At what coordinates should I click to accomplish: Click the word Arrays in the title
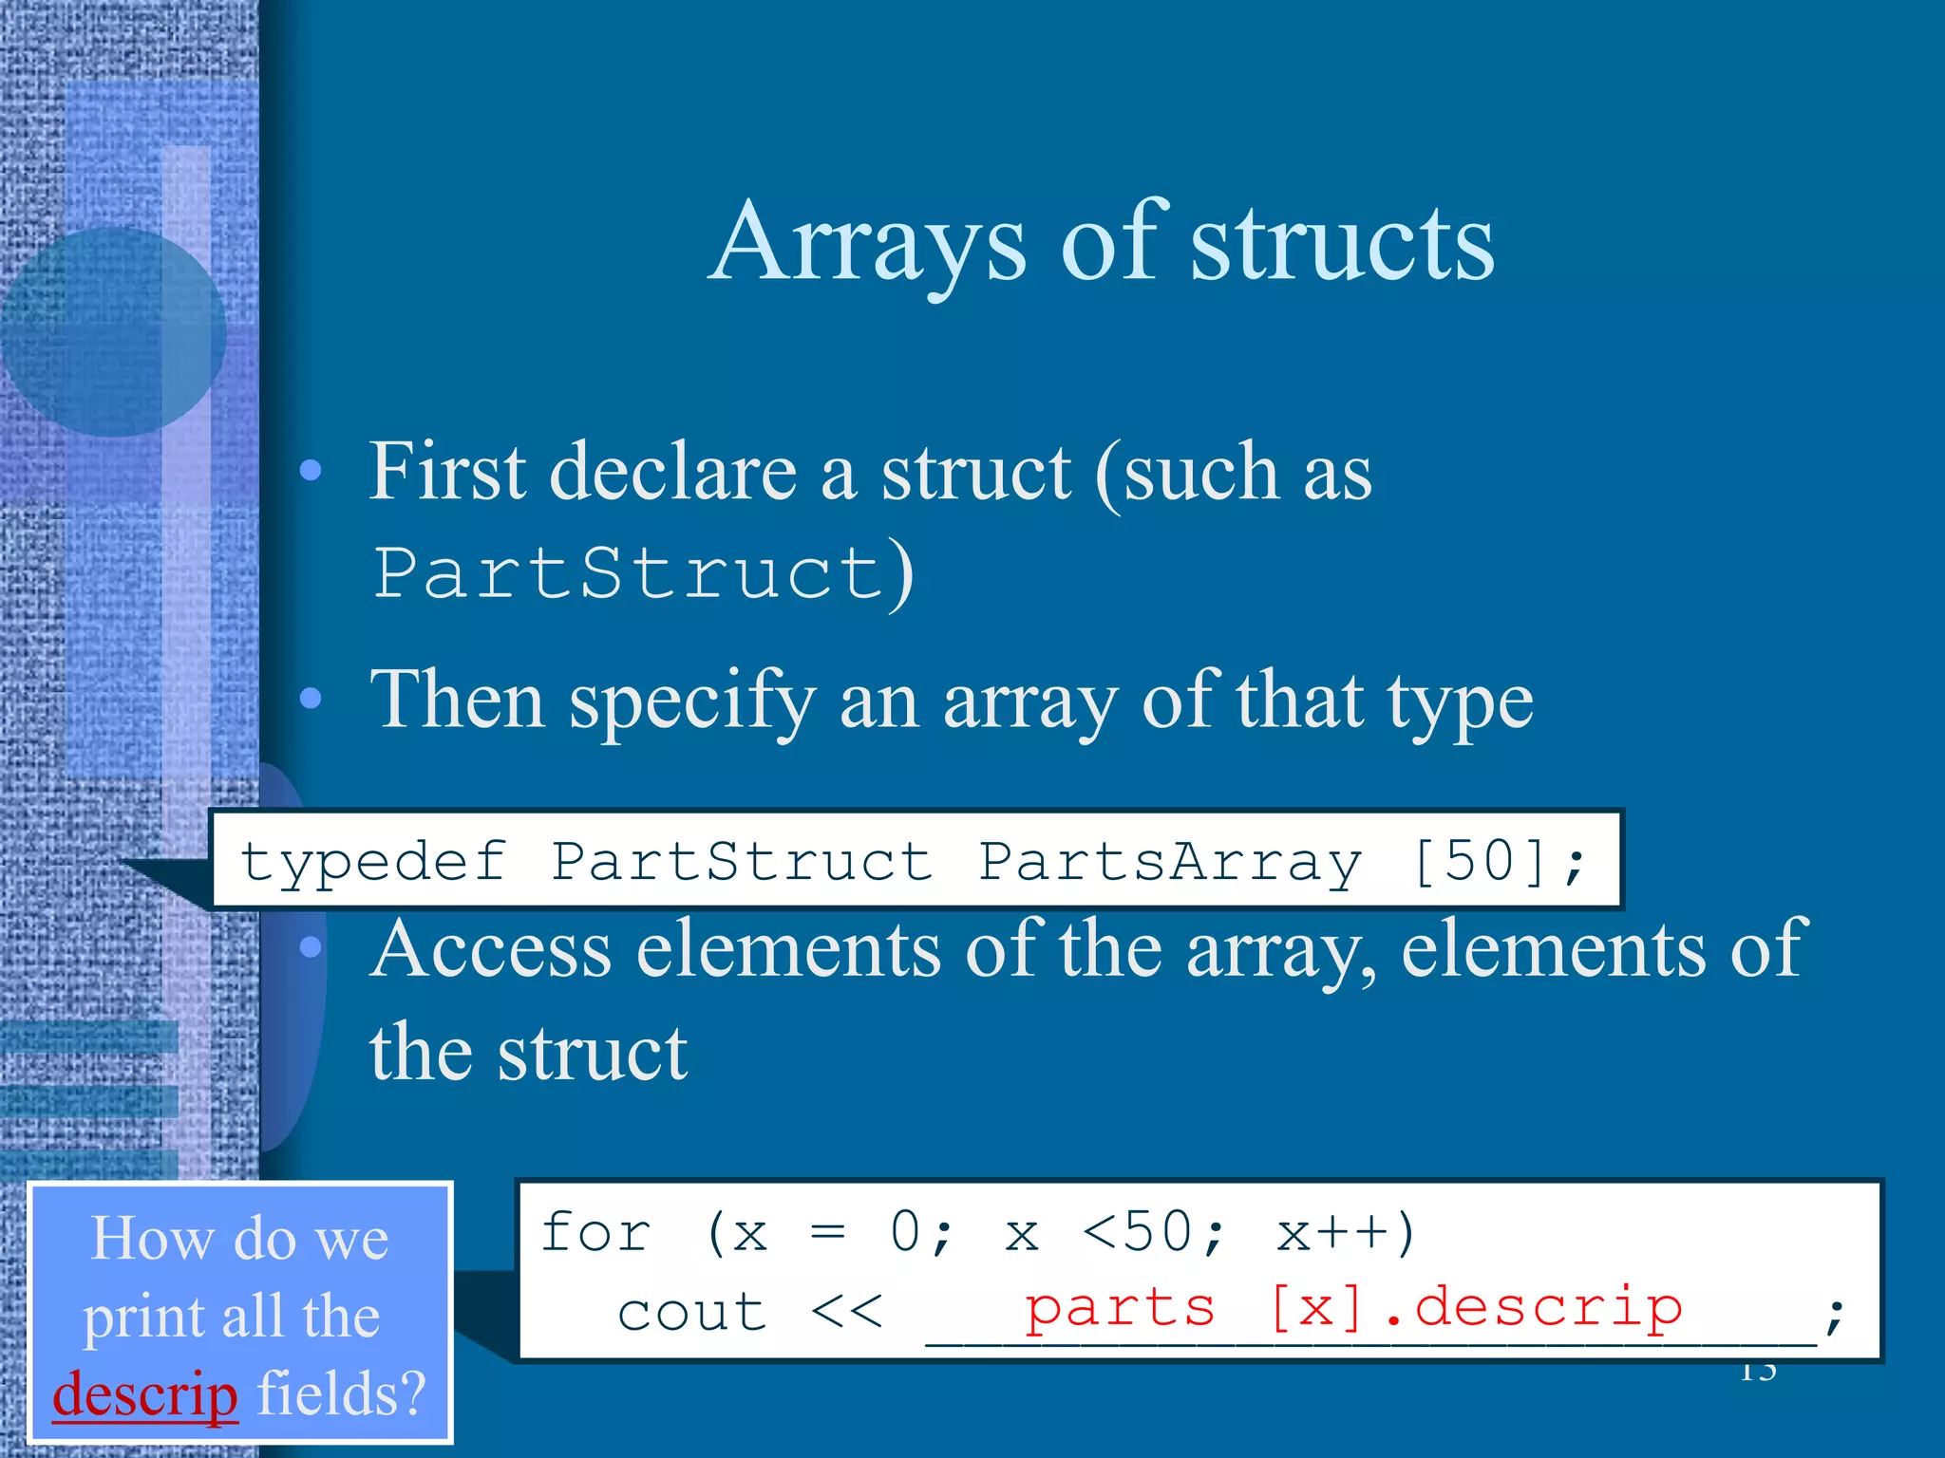point(869,245)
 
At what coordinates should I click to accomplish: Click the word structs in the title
point(1343,245)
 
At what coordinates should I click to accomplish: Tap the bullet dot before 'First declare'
point(311,471)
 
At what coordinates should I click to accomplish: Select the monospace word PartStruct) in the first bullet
point(643,573)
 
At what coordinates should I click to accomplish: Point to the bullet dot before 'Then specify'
point(311,700)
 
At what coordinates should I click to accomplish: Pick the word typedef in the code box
point(373,863)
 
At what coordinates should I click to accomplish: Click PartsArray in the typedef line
point(1170,863)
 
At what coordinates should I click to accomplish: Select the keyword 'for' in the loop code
point(595,1233)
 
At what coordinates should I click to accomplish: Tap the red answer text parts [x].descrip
point(1352,1308)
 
